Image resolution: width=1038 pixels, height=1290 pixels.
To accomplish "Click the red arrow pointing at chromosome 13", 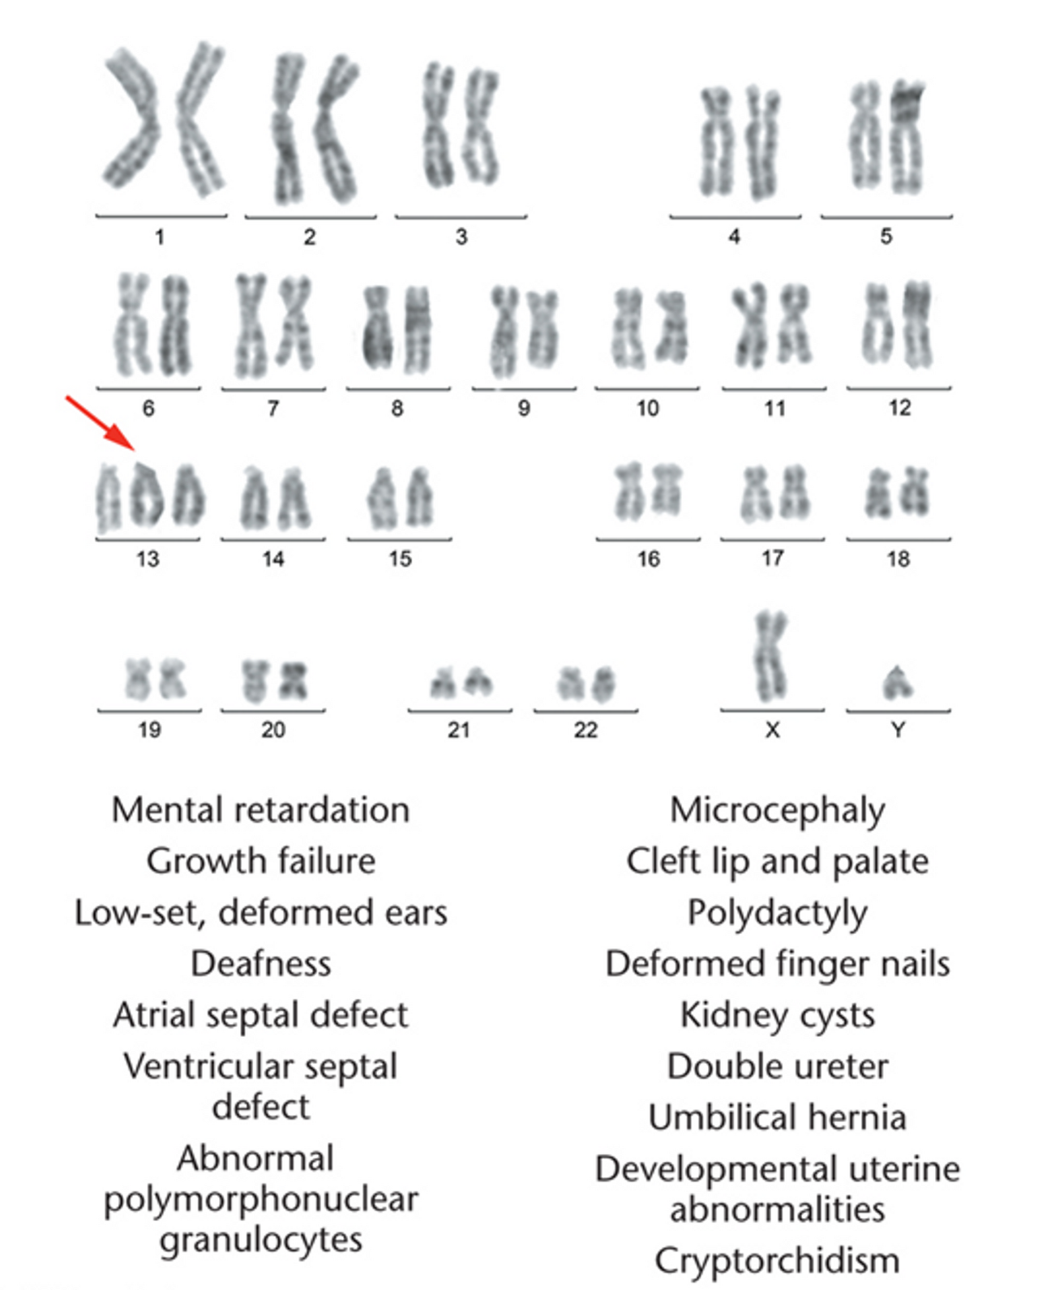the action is tap(100, 422).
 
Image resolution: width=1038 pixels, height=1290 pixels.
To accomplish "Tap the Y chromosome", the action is tap(896, 683).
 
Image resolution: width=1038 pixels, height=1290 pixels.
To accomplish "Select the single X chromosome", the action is tap(770, 657).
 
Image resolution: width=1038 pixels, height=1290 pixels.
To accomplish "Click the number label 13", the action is tap(148, 559).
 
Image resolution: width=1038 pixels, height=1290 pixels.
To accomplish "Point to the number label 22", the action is tap(585, 730).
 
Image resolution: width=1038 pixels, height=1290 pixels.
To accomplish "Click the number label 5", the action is tap(886, 237).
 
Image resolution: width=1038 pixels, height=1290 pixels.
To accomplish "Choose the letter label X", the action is tap(772, 730).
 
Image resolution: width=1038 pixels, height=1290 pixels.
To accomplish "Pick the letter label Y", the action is tap(898, 730).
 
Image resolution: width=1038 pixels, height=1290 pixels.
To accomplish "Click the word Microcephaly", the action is tap(777, 810).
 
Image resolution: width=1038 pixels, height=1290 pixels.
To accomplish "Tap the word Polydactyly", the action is tap(777, 913).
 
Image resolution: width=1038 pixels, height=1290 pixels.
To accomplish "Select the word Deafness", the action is tap(260, 963).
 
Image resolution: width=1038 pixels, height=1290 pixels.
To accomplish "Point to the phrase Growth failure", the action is tap(260, 861).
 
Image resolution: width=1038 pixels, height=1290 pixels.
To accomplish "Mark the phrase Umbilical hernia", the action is tap(777, 1117).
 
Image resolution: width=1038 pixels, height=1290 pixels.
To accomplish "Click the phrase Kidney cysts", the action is tap(777, 1015).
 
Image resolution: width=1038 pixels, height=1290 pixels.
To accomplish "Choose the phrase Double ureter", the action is tap(777, 1066).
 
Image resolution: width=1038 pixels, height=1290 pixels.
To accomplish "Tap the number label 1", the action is tap(160, 237).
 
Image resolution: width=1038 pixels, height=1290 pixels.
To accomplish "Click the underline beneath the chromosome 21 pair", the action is tap(460, 711).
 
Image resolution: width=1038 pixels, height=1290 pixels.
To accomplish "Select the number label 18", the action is tap(898, 559).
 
